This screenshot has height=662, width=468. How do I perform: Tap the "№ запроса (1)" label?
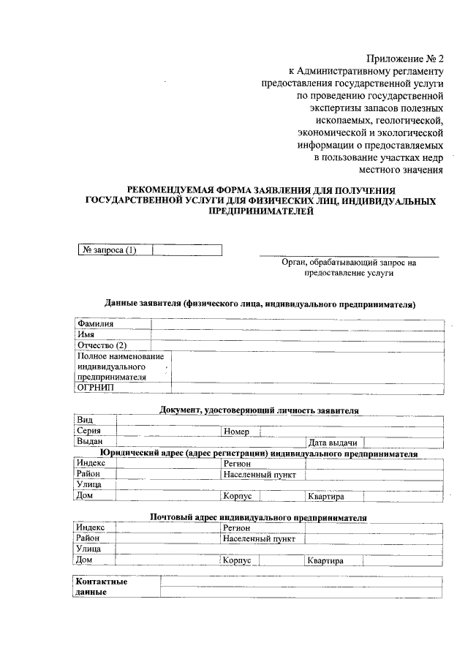[110, 250]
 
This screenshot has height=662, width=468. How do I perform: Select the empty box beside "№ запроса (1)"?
[186, 250]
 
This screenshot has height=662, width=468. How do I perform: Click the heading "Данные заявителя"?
[260, 304]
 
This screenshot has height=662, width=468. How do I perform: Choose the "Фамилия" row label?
[95, 324]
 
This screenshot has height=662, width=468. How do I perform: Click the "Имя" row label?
[86, 334]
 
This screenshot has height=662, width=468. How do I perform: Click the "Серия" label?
[88, 432]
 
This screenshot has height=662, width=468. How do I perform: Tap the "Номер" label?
[237, 432]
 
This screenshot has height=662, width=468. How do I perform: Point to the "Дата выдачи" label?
[333, 443]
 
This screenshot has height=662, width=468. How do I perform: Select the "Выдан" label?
[88, 442]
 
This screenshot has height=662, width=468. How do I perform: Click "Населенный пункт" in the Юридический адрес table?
[260, 475]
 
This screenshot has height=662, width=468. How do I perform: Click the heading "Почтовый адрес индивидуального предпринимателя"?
[258, 517]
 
